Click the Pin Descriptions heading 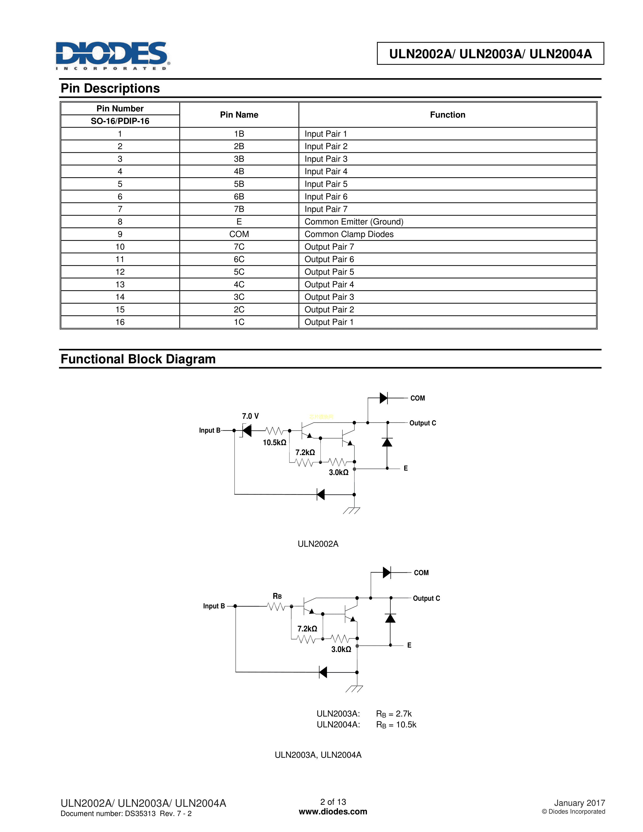[x=110, y=88]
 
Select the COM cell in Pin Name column [x=239, y=234]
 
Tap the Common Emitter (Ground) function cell [x=354, y=222]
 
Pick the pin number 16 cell [x=120, y=322]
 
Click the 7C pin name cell [x=239, y=247]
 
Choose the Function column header [x=447, y=115]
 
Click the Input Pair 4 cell [x=326, y=171]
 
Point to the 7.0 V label [x=250, y=416]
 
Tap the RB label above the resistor [x=277, y=596]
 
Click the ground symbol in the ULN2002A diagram [x=351, y=511]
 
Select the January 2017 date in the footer [x=579, y=803]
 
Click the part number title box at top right [x=490, y=54]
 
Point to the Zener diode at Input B [x=246, y=430]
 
